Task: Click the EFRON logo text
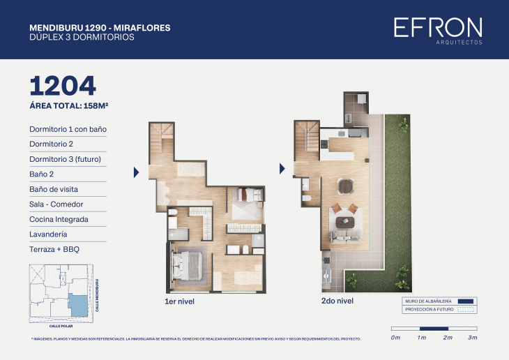tap(437, 28)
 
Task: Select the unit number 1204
tap(63, 85)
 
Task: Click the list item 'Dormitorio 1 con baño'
tap(68, 129)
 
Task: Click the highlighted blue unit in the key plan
tap(78, 304)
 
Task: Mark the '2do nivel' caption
tap(337, 301)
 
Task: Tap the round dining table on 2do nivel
tap(345, 186)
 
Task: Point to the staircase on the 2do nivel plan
tap(306, 136)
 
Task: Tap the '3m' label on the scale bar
tap(472, 338)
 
